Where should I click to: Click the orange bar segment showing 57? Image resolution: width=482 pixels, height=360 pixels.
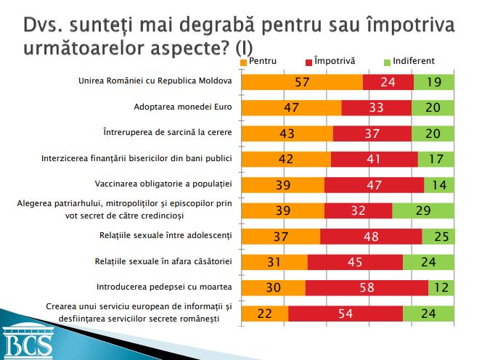pyautogui.click(x=301, y=82)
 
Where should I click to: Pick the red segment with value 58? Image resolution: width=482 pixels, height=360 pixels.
pyautogui.click(x=367, y=287)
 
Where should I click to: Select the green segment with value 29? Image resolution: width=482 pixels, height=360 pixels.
pyautogui.click(x=423, y=210)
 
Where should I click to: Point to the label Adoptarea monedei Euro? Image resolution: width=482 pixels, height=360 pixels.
pyautogui.click(x=182, y=107)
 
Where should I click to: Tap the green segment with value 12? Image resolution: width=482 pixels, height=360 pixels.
pyautogui.click(x=441, y=287)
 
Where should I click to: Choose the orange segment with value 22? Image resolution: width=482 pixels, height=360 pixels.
pyautogui.click(x=264, y=314)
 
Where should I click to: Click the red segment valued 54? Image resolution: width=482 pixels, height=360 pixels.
pyautogui.click(x=346, y=314)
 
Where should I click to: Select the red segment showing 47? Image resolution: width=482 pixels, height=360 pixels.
pyautogui.click(x=374, y=185)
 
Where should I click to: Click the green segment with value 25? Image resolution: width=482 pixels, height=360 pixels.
pyautogui.click(x=438, y=237)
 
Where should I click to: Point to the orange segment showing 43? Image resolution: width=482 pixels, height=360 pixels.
pyautogui.click(x=287, y=134)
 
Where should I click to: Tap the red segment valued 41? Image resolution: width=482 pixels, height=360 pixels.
pyautogui.click(x=374, y=159)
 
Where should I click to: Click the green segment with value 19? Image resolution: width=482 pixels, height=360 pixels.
pyautogui.click(x=434, y=82)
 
